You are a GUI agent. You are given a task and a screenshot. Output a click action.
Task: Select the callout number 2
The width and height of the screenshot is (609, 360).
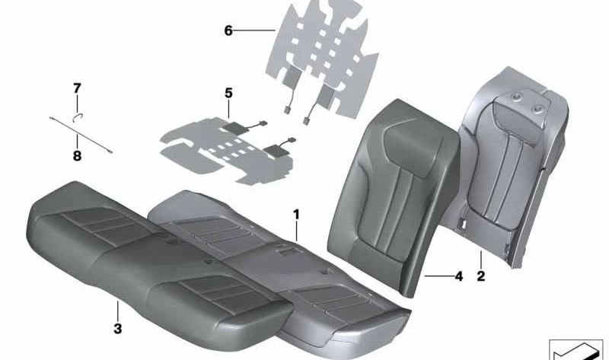pyautogui.click(x=481, y=276)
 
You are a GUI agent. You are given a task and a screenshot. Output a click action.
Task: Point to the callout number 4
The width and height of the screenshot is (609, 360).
pyautogui.click(x=458, y=277)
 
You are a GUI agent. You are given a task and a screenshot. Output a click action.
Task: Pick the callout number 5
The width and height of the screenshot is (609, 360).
pyautogui.click(x=228, y=94)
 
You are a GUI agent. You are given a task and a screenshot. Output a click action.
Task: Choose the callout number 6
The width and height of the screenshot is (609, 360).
pyautogui.click(x=228, y=31)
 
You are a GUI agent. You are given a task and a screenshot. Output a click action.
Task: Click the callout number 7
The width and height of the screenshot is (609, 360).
pyautogui.click(x=76, y=88)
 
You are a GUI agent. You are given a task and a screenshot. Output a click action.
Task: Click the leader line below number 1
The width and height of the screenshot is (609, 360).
pyautogui.click(x=297, y=236)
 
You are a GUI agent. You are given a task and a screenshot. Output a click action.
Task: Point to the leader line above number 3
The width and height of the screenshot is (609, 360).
pyautogui.click(x=117, y=312)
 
